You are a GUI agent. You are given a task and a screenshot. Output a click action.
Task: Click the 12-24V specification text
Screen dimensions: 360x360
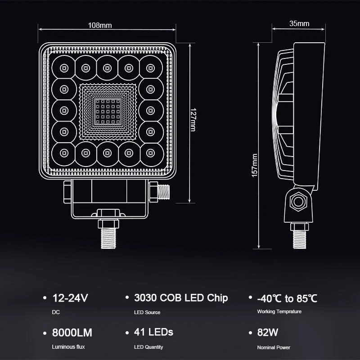pos(71,298)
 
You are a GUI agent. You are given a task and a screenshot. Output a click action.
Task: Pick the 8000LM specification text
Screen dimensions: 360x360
pos(72,333)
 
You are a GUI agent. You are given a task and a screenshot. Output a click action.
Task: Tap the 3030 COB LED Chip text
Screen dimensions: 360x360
pos(181,298)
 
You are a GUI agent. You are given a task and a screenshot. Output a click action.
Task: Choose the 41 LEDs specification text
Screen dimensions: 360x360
pos(153,333)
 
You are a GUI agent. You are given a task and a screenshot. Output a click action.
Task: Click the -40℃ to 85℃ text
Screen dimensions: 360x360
pos(287,298)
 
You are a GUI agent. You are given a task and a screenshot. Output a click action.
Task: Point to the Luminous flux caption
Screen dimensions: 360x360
pos(68,347)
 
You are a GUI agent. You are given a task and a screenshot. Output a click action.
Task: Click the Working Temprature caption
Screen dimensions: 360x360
pos(279,312)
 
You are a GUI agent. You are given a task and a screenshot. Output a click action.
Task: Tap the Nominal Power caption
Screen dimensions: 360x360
pos(274,347)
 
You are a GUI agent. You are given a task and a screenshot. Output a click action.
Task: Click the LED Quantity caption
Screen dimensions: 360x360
pos(148,347)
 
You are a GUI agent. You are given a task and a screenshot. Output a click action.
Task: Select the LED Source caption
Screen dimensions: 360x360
pos(147,312)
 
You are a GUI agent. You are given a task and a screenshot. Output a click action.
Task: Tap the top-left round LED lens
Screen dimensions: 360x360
pos(63,68)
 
